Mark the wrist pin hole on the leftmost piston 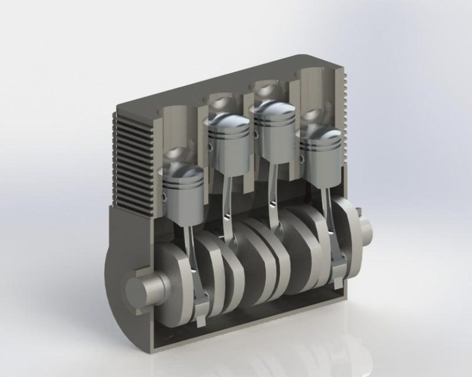pyautogui.click(x=165, y=197)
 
